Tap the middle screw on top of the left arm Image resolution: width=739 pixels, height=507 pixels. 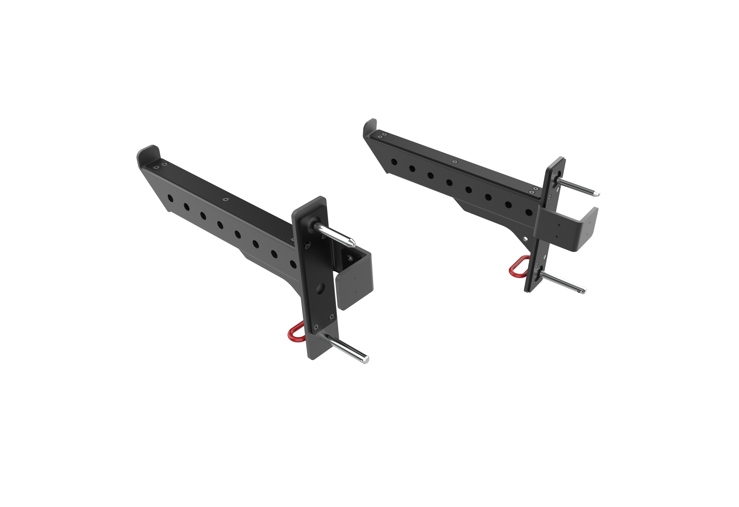225,199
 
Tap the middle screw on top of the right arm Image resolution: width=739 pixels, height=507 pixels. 455,162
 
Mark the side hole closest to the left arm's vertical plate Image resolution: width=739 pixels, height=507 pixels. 293,264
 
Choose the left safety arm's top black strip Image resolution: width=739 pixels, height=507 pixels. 223,194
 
